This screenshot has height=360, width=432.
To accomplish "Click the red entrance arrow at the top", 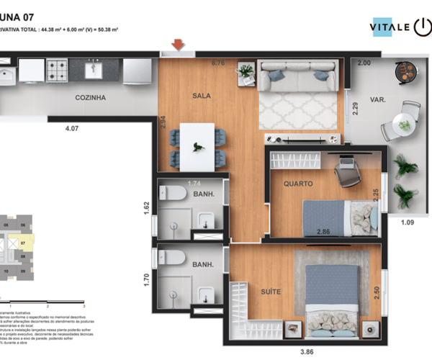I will point(178,45).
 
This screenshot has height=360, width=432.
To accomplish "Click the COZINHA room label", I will point(91,98).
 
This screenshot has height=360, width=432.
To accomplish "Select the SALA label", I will point(201,95).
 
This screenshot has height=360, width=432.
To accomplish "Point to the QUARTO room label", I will point(297,184).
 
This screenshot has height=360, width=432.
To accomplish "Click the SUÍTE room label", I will point(271,292).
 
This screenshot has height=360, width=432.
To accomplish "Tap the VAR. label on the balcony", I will point(377,100).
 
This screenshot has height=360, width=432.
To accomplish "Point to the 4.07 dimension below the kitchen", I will point(71,129).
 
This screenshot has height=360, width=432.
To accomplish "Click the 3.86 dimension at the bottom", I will point(307,353).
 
